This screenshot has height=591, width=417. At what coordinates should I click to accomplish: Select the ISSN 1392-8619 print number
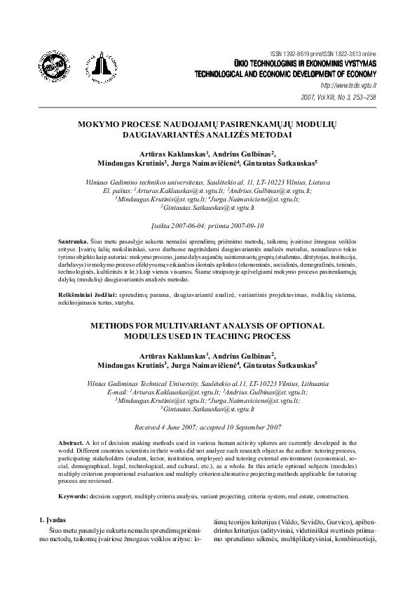coord(301,53)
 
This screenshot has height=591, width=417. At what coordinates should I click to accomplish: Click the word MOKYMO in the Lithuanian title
coord(103,122)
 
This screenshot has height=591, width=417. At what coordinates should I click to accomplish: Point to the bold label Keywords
coord(73,495)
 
